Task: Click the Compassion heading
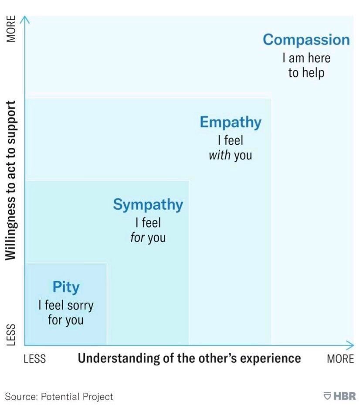click(x=306, y=40)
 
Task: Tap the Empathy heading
click(x=230, y=122)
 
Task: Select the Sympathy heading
click(x=148, y=204)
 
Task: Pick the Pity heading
click(x=66, y=287)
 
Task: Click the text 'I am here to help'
click(x=306, y=65)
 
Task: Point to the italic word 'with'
click(x=220, y=155)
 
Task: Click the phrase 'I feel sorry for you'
click(x=66, y=312)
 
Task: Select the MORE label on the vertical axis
click(x=12, y=29)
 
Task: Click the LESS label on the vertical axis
click(x=12, y=334)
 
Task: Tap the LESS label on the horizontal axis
click(x=35, y=358)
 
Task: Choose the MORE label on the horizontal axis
click(x=340, y=358)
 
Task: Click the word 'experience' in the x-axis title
click(x=272, y=358)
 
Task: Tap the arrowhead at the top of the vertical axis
click(x=24, y=19)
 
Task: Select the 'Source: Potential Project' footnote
click(x=59, y=396)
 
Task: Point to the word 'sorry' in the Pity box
click(x=80, y=305)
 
